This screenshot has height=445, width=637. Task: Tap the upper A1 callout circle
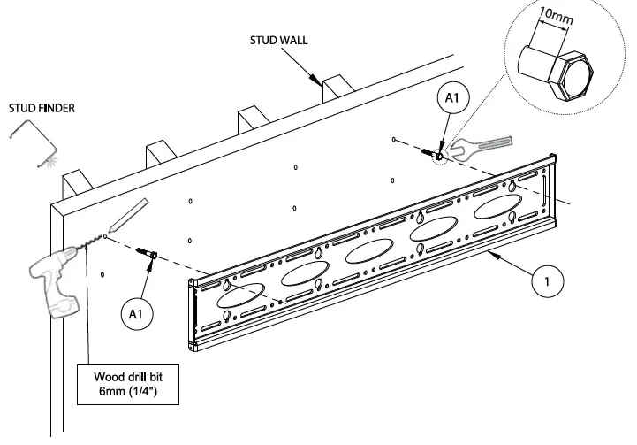(451, 101)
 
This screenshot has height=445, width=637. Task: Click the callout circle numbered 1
(547, 283)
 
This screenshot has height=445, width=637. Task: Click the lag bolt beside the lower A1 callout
(148, 254)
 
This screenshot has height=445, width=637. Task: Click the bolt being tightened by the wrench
(438, 157)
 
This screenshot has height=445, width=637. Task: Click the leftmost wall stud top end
(77, 182)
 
